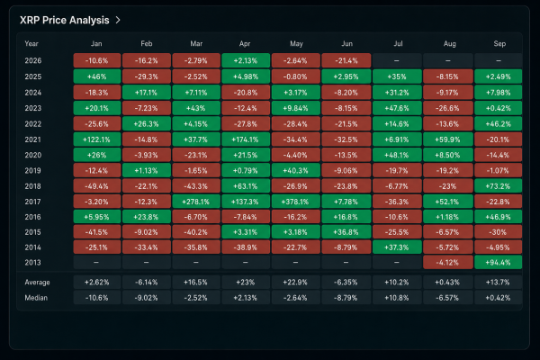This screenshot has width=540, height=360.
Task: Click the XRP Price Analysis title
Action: pos(65,21)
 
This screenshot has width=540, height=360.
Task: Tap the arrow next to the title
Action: pos(118,21)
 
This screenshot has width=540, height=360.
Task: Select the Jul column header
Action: pos(398,44)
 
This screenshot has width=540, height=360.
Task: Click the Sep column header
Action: pos(499,44)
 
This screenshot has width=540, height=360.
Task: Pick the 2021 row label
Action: pos(32,139)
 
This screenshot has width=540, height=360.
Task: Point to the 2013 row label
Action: pos(32,263)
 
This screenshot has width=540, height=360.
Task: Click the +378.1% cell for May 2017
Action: pos(295,202)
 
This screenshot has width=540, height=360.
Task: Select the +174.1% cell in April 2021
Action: pos(246,139)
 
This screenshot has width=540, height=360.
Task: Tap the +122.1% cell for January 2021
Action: pos(97,139)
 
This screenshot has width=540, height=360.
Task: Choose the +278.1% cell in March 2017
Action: pos(196,202)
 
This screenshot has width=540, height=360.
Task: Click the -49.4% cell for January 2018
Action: pos(97,186)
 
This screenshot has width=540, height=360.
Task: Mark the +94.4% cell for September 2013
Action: pos(498,263)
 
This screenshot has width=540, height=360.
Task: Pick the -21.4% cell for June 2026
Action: pos(346,60)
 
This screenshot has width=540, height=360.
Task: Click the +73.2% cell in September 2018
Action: pos(498,186)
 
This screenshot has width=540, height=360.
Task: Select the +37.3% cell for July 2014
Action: pos(397,247)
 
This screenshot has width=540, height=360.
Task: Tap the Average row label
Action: pos(37,283)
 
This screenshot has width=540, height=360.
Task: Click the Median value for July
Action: pos(397,298)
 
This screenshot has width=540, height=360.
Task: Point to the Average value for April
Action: pos(246,283)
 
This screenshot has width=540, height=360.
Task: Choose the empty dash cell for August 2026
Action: pos(447,60)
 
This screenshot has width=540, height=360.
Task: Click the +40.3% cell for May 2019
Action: pos(295,171)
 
